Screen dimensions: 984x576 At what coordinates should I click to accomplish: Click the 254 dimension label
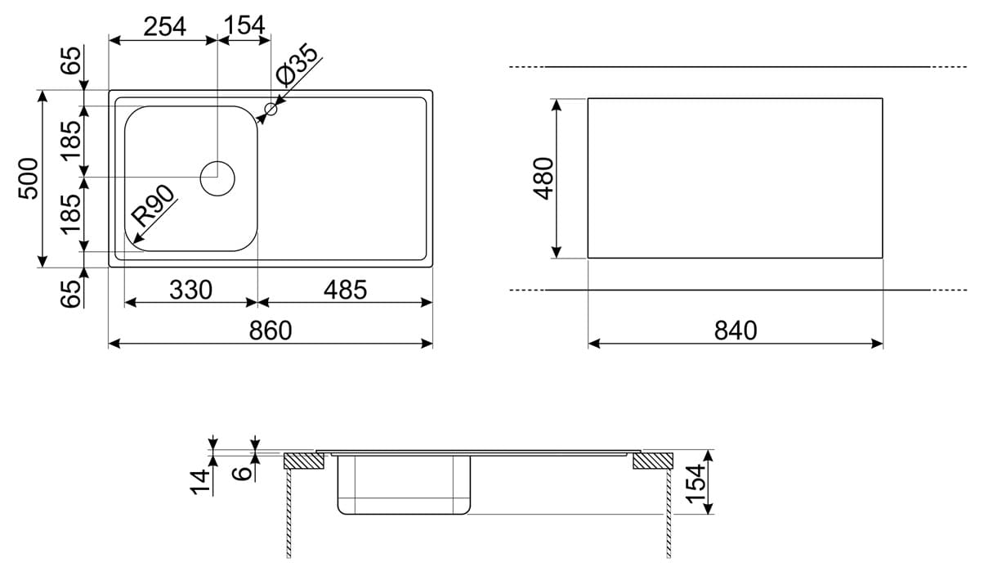point(165,26)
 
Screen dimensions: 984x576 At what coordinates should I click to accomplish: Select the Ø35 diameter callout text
point(297,65)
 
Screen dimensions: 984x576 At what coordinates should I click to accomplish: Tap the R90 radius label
point(153,206)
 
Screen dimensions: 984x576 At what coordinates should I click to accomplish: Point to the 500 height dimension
point(28,178)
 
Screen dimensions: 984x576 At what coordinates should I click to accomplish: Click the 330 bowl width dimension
point(191,290)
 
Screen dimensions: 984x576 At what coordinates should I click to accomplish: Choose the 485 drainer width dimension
point(345,290)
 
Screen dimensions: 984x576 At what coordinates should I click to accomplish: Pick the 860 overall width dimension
point(271,331)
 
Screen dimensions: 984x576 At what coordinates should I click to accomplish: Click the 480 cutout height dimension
point(543,178)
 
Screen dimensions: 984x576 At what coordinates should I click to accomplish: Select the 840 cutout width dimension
point(736,331)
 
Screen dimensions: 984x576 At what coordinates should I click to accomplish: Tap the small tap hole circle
point(271,109)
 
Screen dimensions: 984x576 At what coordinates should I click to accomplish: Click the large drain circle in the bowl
point(217,178)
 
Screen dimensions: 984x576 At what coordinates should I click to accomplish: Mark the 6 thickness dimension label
point(241,474)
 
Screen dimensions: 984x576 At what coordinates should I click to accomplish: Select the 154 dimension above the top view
point(244,25)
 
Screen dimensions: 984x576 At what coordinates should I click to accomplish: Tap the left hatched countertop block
point(304,461)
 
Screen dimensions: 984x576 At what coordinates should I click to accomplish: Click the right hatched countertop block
point(653,461)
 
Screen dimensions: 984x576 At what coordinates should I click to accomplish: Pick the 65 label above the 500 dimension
point(70,61)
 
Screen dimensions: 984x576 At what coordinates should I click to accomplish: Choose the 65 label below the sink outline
point(70,294)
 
